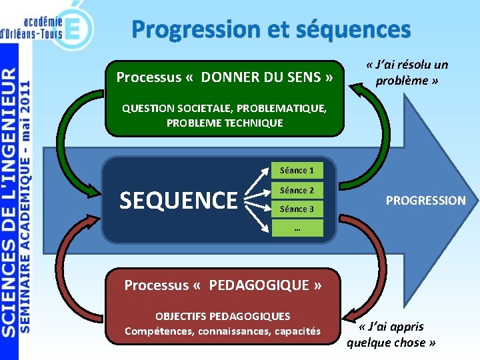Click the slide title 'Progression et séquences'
271,29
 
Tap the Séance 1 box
297,171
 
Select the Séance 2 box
297,190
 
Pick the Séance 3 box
297,209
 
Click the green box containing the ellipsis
297,228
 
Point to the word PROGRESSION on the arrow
426,200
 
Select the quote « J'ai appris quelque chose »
391,335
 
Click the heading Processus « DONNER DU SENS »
225,77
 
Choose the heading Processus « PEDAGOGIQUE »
223,285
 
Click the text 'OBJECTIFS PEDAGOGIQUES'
223,316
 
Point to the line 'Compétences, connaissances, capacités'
223,331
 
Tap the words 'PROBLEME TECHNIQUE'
225,123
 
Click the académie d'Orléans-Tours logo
47,25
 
